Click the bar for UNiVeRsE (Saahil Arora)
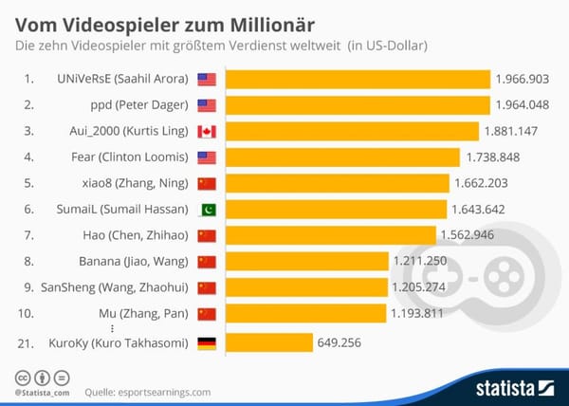(358, 80)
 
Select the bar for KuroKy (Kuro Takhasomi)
(268, 342)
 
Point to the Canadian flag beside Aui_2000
(207, 132)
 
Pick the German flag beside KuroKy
(207, 343)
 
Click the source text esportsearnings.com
(167, 391)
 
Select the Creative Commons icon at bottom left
(22, 378)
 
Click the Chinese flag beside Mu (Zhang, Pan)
(207, 313)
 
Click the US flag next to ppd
(207, 105)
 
